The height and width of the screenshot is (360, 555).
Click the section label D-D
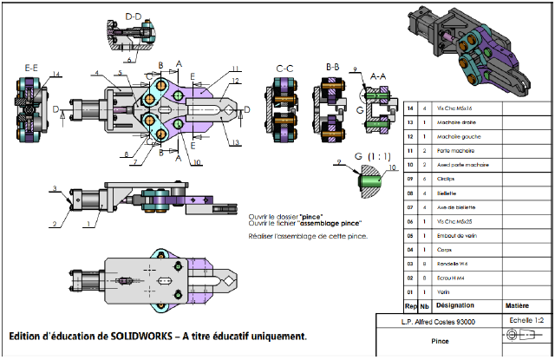pos(133,16)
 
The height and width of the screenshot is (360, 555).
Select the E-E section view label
pos(31,67)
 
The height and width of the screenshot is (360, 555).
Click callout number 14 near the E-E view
pos(55,75)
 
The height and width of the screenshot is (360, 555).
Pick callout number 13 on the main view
pos(235,141)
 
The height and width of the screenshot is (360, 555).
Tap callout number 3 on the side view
pos(54,188)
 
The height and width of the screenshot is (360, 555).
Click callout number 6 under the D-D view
pos(128,61)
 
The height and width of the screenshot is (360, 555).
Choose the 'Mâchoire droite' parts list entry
pos(460,122)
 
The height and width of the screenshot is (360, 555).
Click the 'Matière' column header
pos(518,306)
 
